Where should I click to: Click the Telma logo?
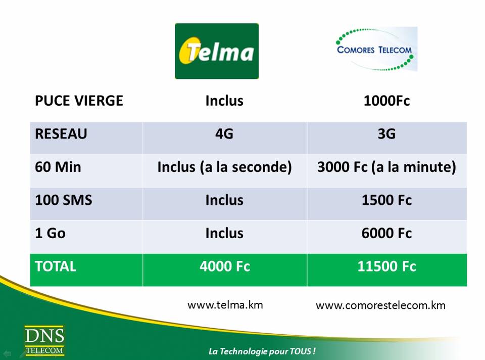[217, 51]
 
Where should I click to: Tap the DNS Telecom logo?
[44, 340]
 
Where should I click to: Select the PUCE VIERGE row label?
[79, 101]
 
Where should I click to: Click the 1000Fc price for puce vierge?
[386, 101]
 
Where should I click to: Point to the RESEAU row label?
[61, 133]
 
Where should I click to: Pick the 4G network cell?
[224, 133]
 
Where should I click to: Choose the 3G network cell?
[386, 133]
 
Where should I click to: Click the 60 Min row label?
[58, 167]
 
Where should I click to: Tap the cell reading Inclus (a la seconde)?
[224, 167]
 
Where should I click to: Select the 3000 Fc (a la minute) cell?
[386, 167]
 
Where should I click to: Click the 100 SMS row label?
[64, 200]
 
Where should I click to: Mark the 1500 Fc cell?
[386, 200]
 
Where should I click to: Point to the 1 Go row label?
[50, 233]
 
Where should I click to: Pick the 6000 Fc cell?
[386, 233]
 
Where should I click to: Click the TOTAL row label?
[56, 266]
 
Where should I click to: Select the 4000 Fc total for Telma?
[224, 266]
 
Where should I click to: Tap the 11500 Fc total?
[386, 266]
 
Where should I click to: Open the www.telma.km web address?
[225, 305]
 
